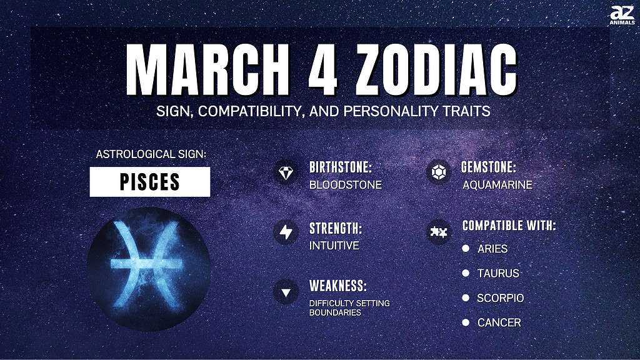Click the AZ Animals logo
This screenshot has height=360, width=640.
click(x=622, y=15)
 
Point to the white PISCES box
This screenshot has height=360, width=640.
click(x=150, y=182)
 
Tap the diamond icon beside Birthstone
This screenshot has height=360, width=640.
click(x=286, y=172)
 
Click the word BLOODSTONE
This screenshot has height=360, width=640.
click(x=345, y=185)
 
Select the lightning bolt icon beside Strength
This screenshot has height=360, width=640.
click(x=286, y=232)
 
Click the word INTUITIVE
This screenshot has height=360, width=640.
click(x=334, y=245)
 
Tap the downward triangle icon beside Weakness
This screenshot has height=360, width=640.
click(x=286, y=292)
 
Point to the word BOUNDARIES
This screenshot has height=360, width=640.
click(x=335, y=312)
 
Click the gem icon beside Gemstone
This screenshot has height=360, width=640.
click(x=438, y=172)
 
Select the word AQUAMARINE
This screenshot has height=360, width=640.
click(x=497, y=185)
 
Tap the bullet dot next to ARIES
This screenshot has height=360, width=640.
click(x=466, y=248)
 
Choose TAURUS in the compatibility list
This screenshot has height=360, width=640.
click(x=498, y=273)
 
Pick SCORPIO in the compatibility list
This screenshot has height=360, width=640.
click(x=501, y=298)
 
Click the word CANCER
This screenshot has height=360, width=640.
click(x=499, y=322)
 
